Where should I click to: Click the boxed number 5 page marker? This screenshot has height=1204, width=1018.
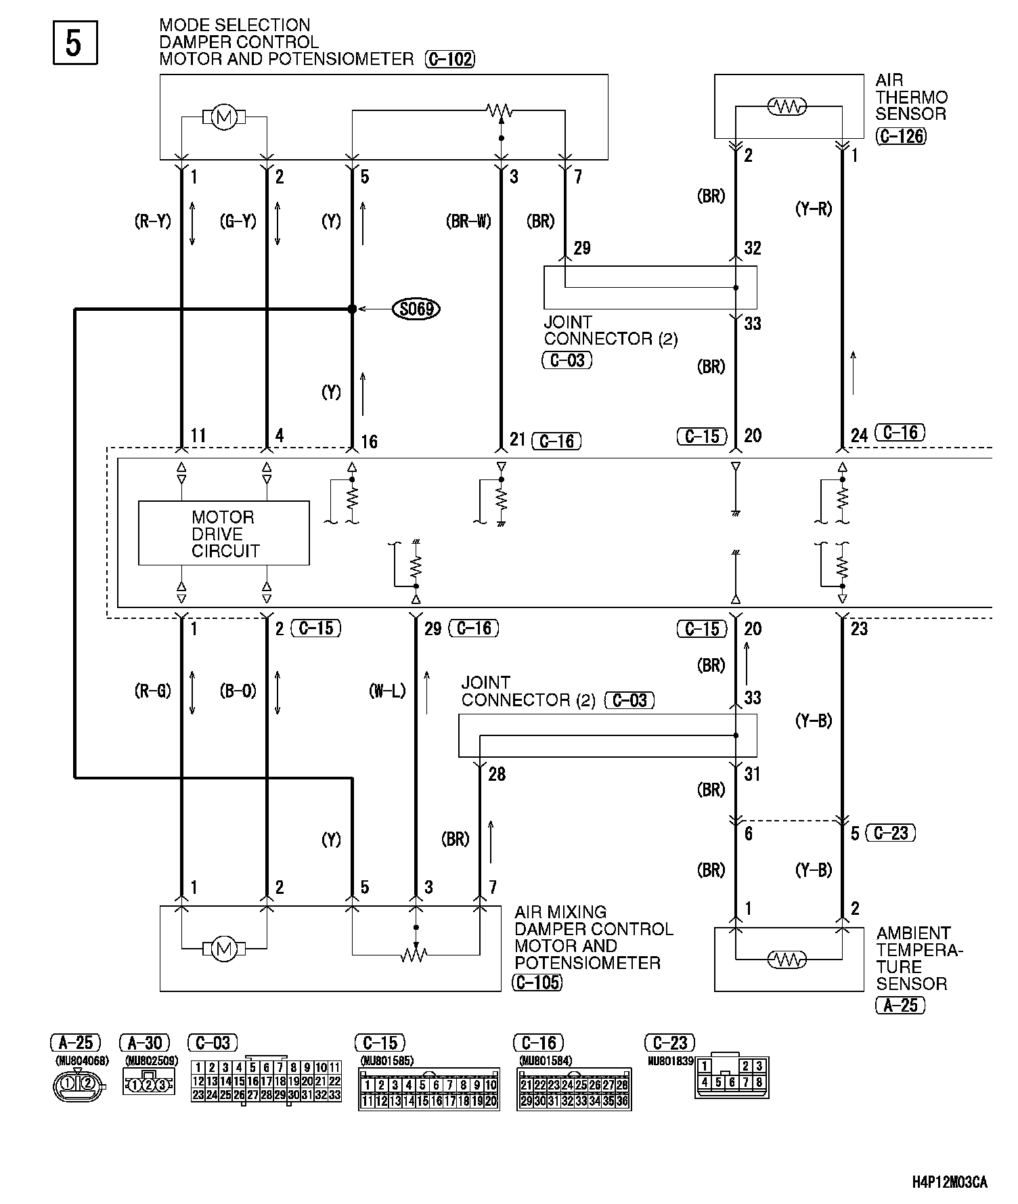[x=75, y=43]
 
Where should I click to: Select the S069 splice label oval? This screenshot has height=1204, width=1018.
[x=416, y=309]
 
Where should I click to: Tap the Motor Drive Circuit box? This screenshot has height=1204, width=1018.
[x=223, y=534]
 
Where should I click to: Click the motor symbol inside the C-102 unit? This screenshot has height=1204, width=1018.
[x=223, y=118]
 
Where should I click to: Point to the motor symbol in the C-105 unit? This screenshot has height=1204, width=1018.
[x=223, y=949]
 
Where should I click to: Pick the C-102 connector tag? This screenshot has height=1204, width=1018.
[x=450, y=60]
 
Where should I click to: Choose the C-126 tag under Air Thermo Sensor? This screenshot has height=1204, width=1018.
[x=900, y=135]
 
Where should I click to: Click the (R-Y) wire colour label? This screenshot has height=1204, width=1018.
[x=153, y=221]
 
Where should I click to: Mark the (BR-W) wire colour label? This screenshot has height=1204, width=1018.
[x=468, y=221]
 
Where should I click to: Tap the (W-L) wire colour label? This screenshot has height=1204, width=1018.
[x=387, y=691]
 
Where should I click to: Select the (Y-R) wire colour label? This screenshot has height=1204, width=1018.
[x=813, y=209]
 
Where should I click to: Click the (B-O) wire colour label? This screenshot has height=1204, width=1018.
[x=238, y=691]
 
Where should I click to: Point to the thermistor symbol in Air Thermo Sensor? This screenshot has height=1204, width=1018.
[x=786, y=106]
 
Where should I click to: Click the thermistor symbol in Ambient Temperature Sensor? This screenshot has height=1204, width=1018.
[x=786, y=960]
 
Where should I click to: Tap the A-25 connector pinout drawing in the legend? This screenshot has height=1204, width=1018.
[x=79, y=1085]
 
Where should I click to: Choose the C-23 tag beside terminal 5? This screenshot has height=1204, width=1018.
[x=891, y=833]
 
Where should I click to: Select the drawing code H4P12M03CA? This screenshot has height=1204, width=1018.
[x=949, y=1183]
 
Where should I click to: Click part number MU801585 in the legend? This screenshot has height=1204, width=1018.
[x=387, y=1060]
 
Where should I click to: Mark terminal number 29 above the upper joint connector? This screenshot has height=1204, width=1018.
[x=582, y=249]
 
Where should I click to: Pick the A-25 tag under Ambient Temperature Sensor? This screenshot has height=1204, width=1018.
[x=900, y=1006]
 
